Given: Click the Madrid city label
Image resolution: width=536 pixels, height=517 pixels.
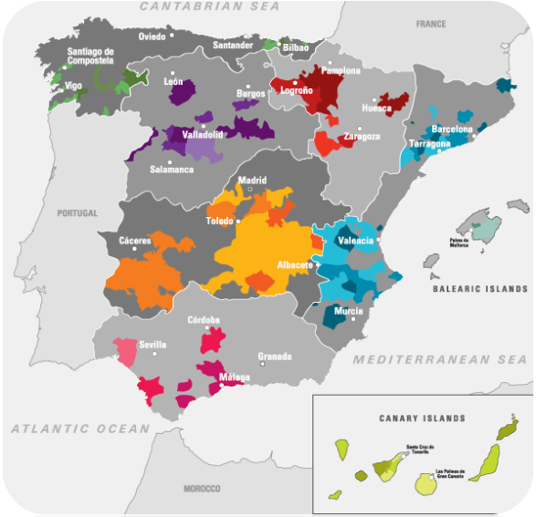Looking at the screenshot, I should click(252, 181).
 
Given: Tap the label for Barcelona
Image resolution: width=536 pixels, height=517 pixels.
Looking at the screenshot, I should click(452, 129).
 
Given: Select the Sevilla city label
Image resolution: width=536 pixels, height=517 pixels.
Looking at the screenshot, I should click(153, 345).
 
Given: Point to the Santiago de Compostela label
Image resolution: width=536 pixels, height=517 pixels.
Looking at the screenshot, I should click(83, 57).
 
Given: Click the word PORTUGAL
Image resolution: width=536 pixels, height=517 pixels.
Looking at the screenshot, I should click(77, 212).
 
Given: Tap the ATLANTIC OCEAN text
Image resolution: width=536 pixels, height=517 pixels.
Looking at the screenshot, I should click(79, 428).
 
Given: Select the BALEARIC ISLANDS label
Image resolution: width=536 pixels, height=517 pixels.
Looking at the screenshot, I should click(480, 289).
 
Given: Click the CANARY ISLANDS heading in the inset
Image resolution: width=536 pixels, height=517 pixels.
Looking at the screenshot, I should click(422, 419).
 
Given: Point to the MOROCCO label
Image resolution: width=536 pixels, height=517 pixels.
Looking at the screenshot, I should click(202, 489).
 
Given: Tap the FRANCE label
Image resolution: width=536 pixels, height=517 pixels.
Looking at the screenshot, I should click(431, 24).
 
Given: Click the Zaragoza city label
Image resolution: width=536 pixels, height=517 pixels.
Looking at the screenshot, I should click(362, 137).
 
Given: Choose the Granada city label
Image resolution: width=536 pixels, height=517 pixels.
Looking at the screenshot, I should click(275, 356).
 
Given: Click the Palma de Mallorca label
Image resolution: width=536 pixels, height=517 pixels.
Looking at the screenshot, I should click(465, 243).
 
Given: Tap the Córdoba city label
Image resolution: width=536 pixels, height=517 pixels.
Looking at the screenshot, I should click(203, 320).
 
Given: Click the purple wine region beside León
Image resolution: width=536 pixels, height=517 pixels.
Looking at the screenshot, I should click(183, 94).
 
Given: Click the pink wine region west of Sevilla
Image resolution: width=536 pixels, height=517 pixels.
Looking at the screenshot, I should click(124, 350).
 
